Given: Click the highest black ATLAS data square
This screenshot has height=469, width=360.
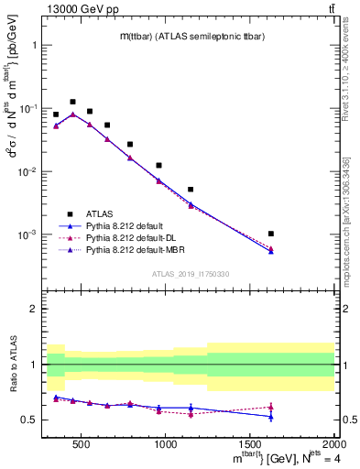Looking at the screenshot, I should point(72,102).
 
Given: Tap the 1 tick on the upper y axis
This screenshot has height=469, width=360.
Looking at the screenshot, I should point(35,45).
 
